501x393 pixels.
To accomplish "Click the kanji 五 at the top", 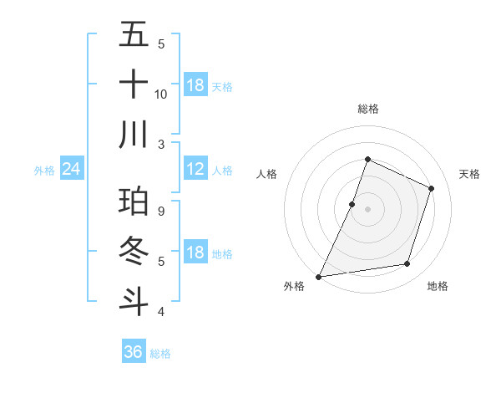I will (134, 36).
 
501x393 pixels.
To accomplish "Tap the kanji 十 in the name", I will (134, 85).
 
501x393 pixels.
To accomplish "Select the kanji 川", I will (134, 135).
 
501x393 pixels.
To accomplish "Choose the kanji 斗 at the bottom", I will (134, 302).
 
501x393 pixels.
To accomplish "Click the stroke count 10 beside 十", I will (161, 94).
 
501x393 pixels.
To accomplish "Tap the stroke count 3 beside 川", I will (161, 144).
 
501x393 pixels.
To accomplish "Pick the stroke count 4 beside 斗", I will (161, 312).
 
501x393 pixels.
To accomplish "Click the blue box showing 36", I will (134, 352).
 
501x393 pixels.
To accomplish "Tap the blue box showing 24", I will (72, 170).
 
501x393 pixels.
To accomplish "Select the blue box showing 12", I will (195, 169).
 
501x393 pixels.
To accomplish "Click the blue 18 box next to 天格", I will (195, 85).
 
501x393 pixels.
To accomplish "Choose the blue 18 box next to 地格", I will (195, 253).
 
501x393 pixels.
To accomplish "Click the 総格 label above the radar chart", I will (367, 110).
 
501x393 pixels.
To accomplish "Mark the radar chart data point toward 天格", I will (432, 188).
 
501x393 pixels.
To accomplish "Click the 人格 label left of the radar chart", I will (266, 174).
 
